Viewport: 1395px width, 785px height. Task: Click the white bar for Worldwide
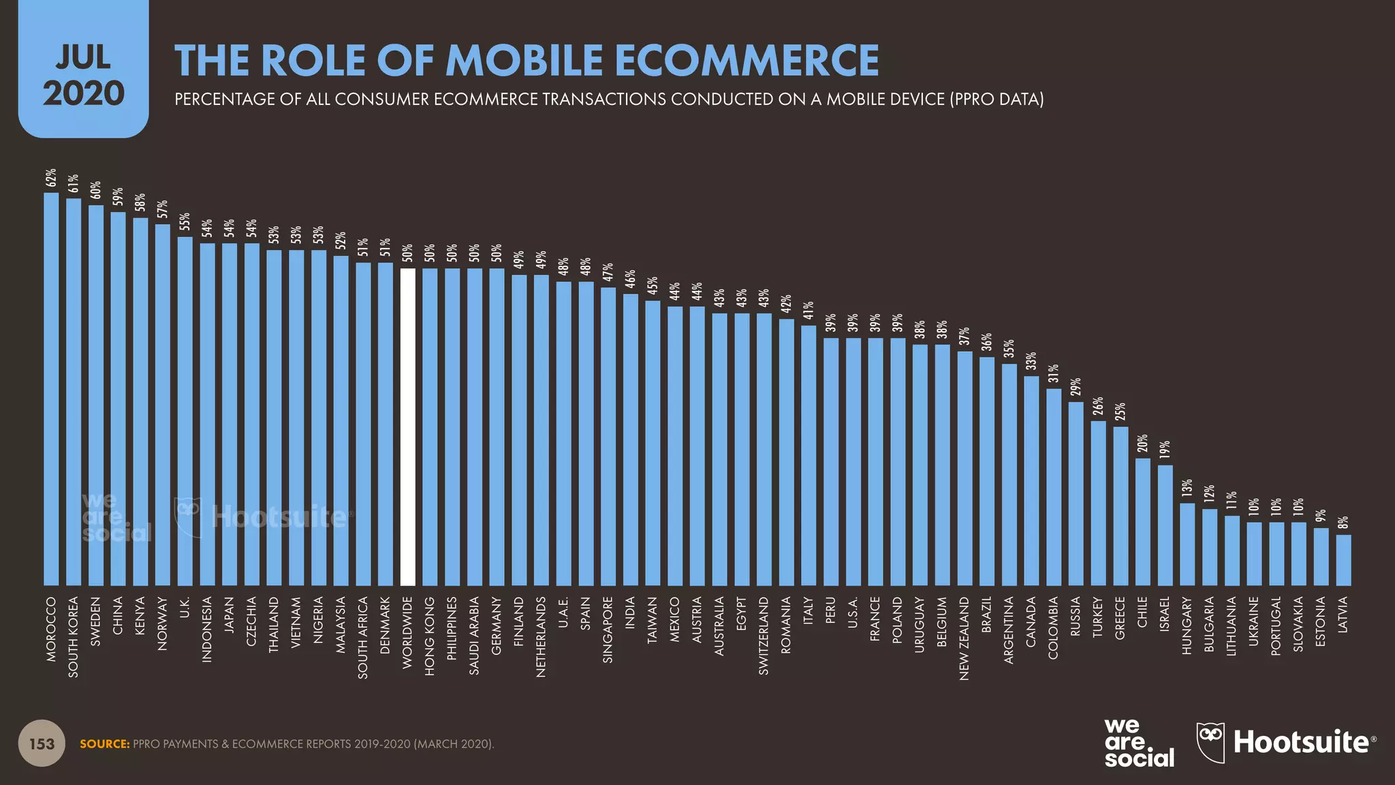[407, 427]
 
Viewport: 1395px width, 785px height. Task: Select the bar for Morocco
[51, 388]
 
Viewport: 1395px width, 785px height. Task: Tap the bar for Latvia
[1343, 560]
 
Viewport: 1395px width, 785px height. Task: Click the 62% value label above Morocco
[51, 178]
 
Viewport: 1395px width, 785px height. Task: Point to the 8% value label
[1343, 523]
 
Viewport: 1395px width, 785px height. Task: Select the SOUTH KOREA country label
[74, 637]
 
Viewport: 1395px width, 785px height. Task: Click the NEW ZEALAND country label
[964, 638]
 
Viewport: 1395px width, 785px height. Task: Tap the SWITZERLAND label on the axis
[764, 636]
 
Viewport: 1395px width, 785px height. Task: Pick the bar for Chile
[1142, 522]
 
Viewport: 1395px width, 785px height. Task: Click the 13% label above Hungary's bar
[1187, 487]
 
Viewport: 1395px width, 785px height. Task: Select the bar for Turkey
[1098, 503]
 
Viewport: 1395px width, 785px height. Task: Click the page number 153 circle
[42, 743]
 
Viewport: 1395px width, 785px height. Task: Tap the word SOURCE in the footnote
[104, 744]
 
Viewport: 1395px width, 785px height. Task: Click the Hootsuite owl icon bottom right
[1210, 741]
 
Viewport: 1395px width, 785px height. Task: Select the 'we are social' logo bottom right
[1138, 743]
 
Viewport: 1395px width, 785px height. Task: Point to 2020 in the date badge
[83, 93]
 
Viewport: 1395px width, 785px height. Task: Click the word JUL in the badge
[83, 58]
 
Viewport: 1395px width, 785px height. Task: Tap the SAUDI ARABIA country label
[474, 636]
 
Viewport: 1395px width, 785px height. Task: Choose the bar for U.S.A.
[853, 461]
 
